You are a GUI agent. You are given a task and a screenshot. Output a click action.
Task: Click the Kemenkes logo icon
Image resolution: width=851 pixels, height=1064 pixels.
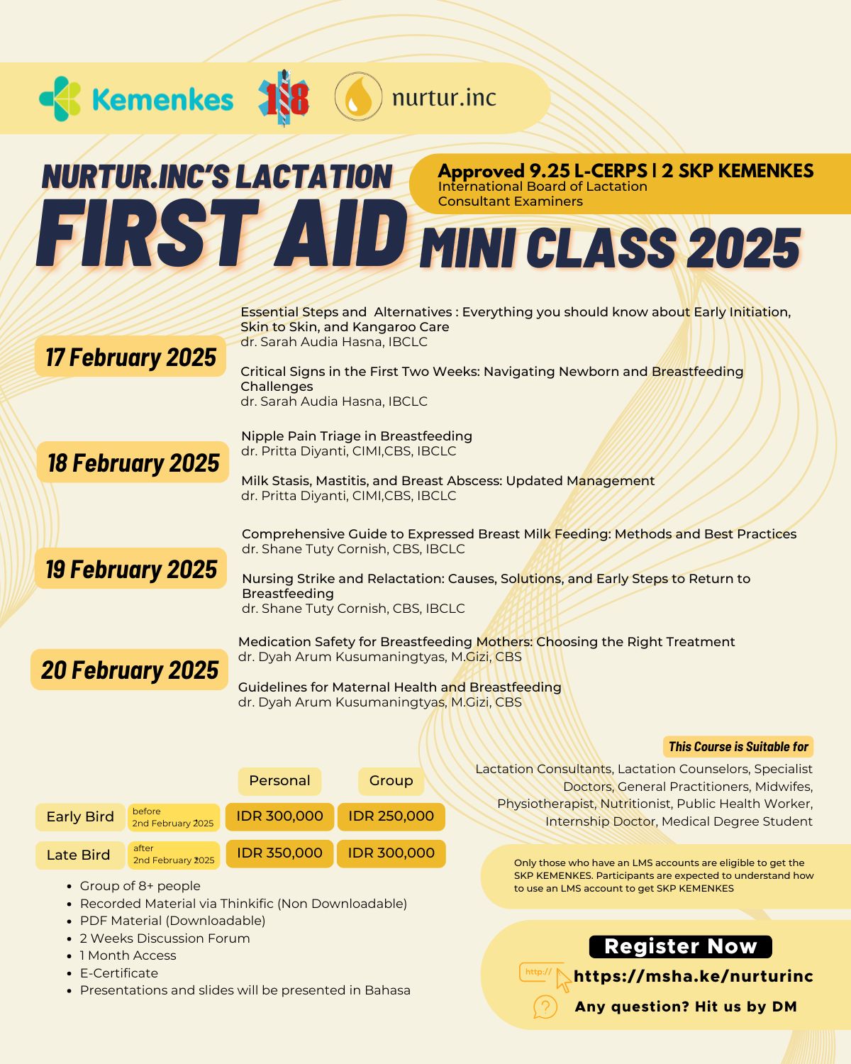pos(60,99)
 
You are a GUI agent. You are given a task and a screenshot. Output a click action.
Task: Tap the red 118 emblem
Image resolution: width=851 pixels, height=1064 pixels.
pos(284,98)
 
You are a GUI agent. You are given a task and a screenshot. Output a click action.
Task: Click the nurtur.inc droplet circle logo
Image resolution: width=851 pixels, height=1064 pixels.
pos(358,96)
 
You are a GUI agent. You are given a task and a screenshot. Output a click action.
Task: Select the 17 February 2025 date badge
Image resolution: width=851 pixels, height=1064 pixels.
pos(130,357)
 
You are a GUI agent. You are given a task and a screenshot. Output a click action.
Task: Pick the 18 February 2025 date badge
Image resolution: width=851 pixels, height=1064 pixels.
pos(133,462)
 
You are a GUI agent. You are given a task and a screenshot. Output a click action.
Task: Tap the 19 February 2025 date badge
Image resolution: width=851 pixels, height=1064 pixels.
pos(131,569)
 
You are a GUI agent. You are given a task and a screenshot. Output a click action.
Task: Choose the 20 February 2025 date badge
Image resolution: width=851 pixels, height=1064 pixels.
pos(130,670)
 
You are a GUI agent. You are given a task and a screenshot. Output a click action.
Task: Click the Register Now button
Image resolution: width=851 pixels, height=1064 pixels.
pos(680,946)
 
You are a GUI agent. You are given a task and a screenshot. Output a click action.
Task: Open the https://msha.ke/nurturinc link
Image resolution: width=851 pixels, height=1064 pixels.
pos(693,976)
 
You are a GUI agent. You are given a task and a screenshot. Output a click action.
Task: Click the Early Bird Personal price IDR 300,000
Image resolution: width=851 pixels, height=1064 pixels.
pos(279,816)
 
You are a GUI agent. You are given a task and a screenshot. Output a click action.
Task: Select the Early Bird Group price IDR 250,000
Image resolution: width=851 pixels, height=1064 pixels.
pos(391,816)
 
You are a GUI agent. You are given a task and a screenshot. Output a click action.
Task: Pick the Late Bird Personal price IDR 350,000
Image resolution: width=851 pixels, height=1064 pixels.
pos(279,853)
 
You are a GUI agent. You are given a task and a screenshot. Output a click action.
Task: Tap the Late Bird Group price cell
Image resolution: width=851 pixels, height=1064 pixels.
pos(391,853)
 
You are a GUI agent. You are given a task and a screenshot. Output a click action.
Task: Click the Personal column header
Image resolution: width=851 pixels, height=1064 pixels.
pos(279,781)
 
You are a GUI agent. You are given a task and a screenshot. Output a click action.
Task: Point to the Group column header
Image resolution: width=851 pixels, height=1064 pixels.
pos(391,781)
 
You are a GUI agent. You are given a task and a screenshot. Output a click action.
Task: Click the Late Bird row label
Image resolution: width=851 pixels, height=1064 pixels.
pos(79,855)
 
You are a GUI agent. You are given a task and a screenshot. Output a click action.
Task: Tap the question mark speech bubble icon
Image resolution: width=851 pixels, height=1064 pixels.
pos(545,1007)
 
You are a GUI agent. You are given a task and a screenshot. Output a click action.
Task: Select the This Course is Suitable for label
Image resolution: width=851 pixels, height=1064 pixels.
pos(738,746)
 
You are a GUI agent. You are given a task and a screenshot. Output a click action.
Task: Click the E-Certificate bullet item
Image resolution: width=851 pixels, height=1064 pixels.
pos(118,973)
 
